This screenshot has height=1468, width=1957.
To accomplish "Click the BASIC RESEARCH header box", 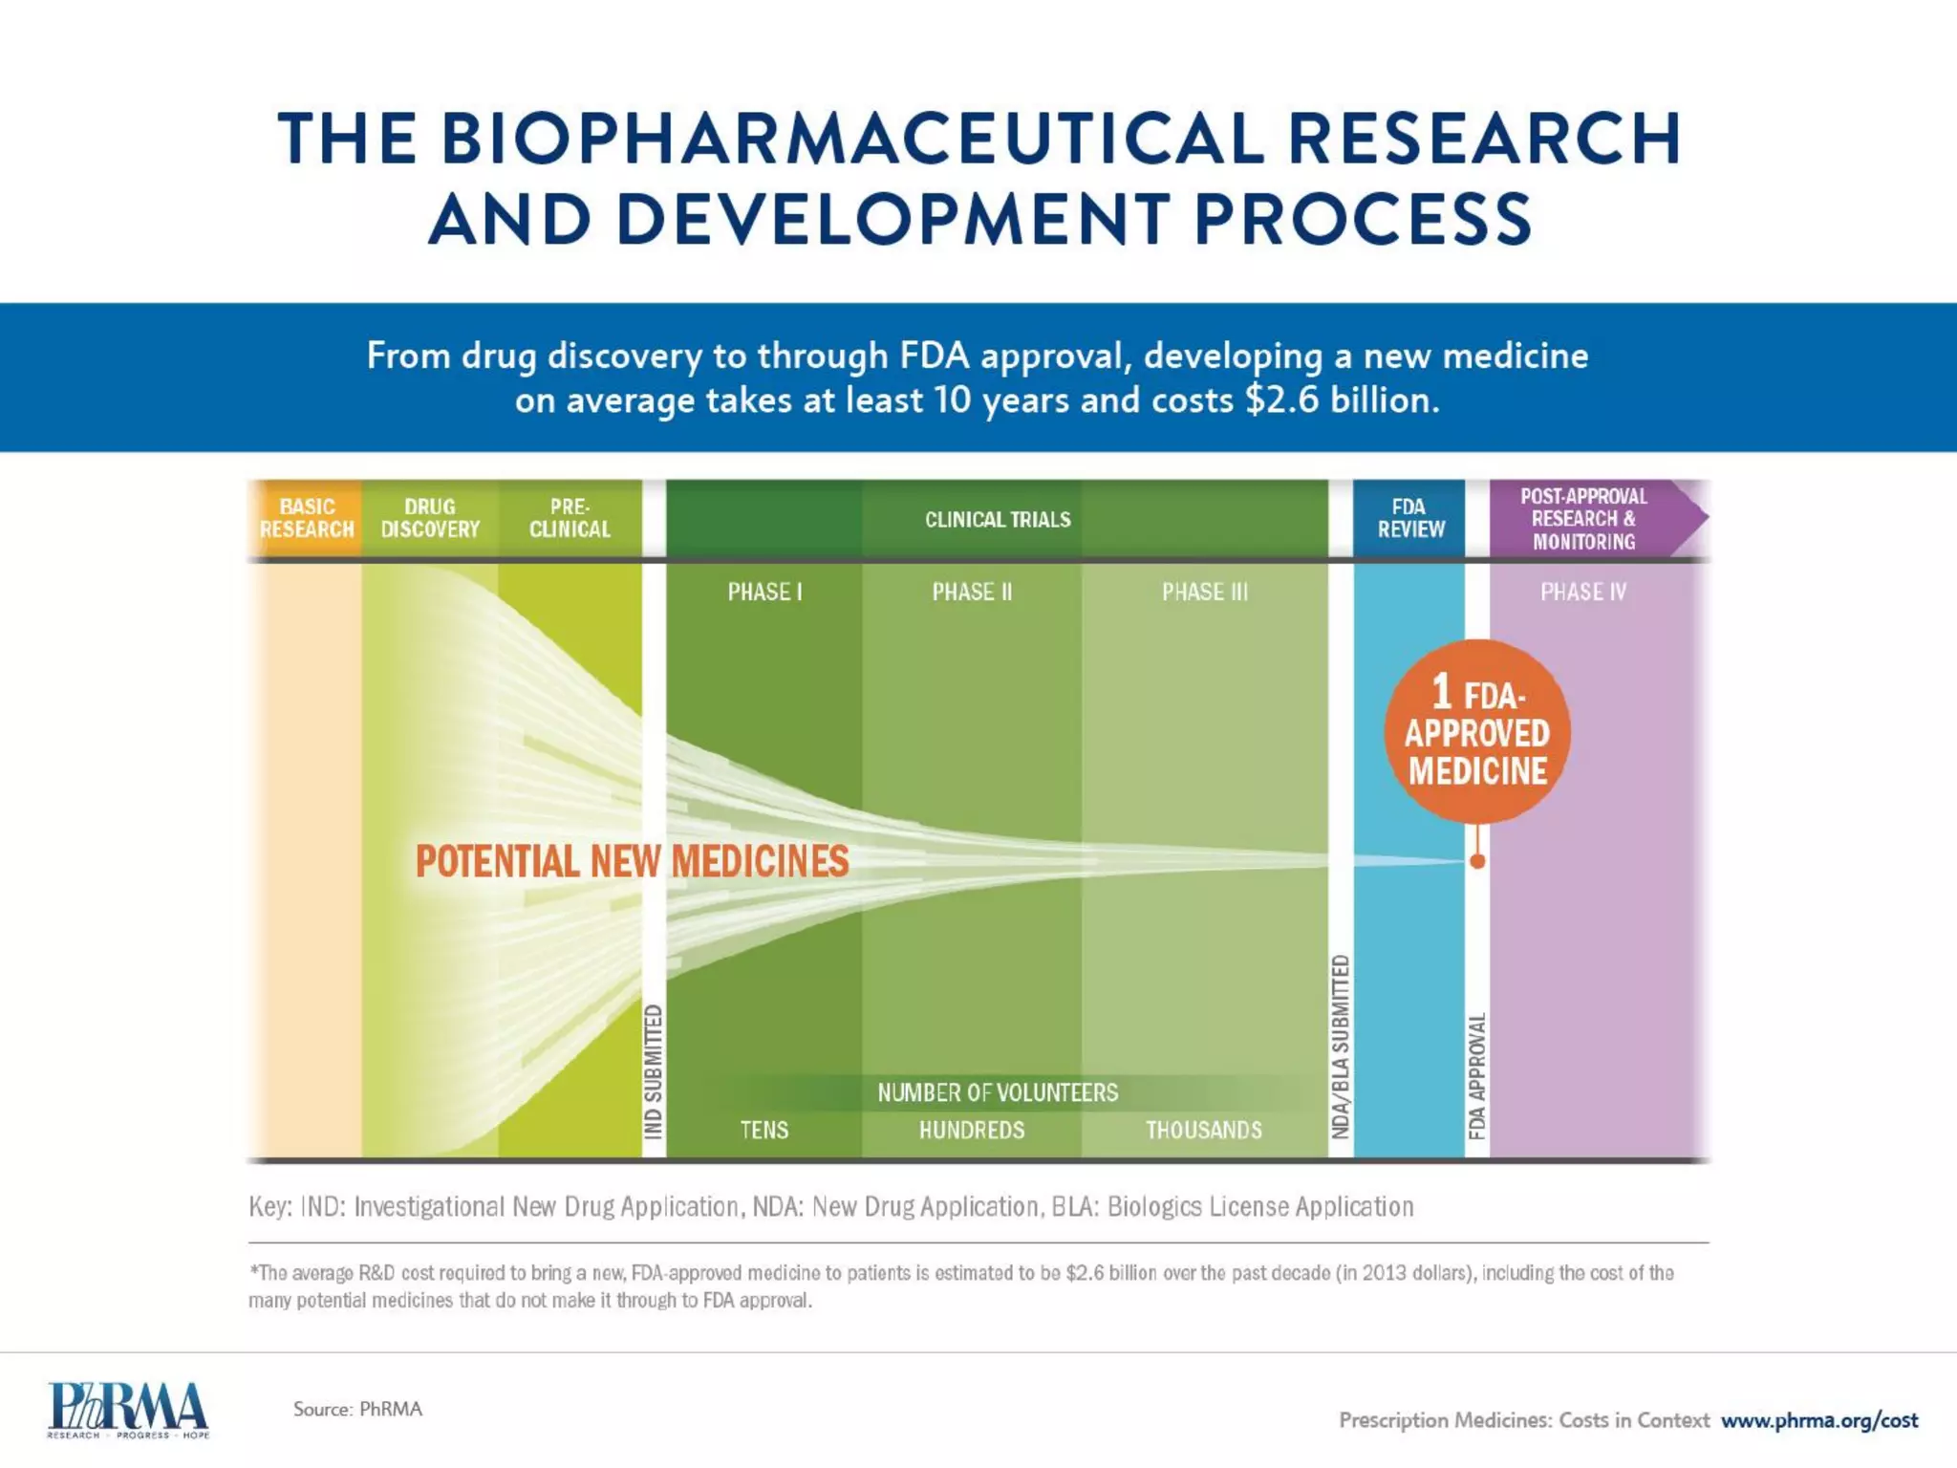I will (306, 518).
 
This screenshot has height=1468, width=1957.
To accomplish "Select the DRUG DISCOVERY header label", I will (430, 518).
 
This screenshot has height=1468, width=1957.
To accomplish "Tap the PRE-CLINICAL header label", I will (570, 518).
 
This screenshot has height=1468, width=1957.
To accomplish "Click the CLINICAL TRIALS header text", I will (998, 519).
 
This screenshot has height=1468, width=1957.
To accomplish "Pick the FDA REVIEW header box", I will (1409, 518).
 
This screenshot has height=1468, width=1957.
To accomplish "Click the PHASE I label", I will (764, 592).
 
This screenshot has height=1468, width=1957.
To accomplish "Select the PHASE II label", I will (972, 592).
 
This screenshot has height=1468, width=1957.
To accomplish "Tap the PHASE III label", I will (1204, 592).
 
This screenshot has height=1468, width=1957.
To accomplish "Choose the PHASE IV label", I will (1582, 592).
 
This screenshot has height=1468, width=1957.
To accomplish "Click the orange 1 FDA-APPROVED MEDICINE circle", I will (1476, 732).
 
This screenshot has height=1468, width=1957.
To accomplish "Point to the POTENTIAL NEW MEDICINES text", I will (632, 861).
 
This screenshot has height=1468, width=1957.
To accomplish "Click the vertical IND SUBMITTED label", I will (654, 1070).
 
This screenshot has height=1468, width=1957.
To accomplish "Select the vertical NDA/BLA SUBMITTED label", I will (1341, 1047).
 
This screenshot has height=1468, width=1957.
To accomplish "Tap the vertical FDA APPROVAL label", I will (1477, 1076).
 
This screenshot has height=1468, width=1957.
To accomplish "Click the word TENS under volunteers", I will (764, 1130).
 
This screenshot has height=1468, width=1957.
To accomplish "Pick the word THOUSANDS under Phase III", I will (1204, 1130).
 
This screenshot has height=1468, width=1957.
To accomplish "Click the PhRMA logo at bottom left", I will (128, 1409).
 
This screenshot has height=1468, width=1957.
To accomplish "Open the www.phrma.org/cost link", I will (1819, 1420).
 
